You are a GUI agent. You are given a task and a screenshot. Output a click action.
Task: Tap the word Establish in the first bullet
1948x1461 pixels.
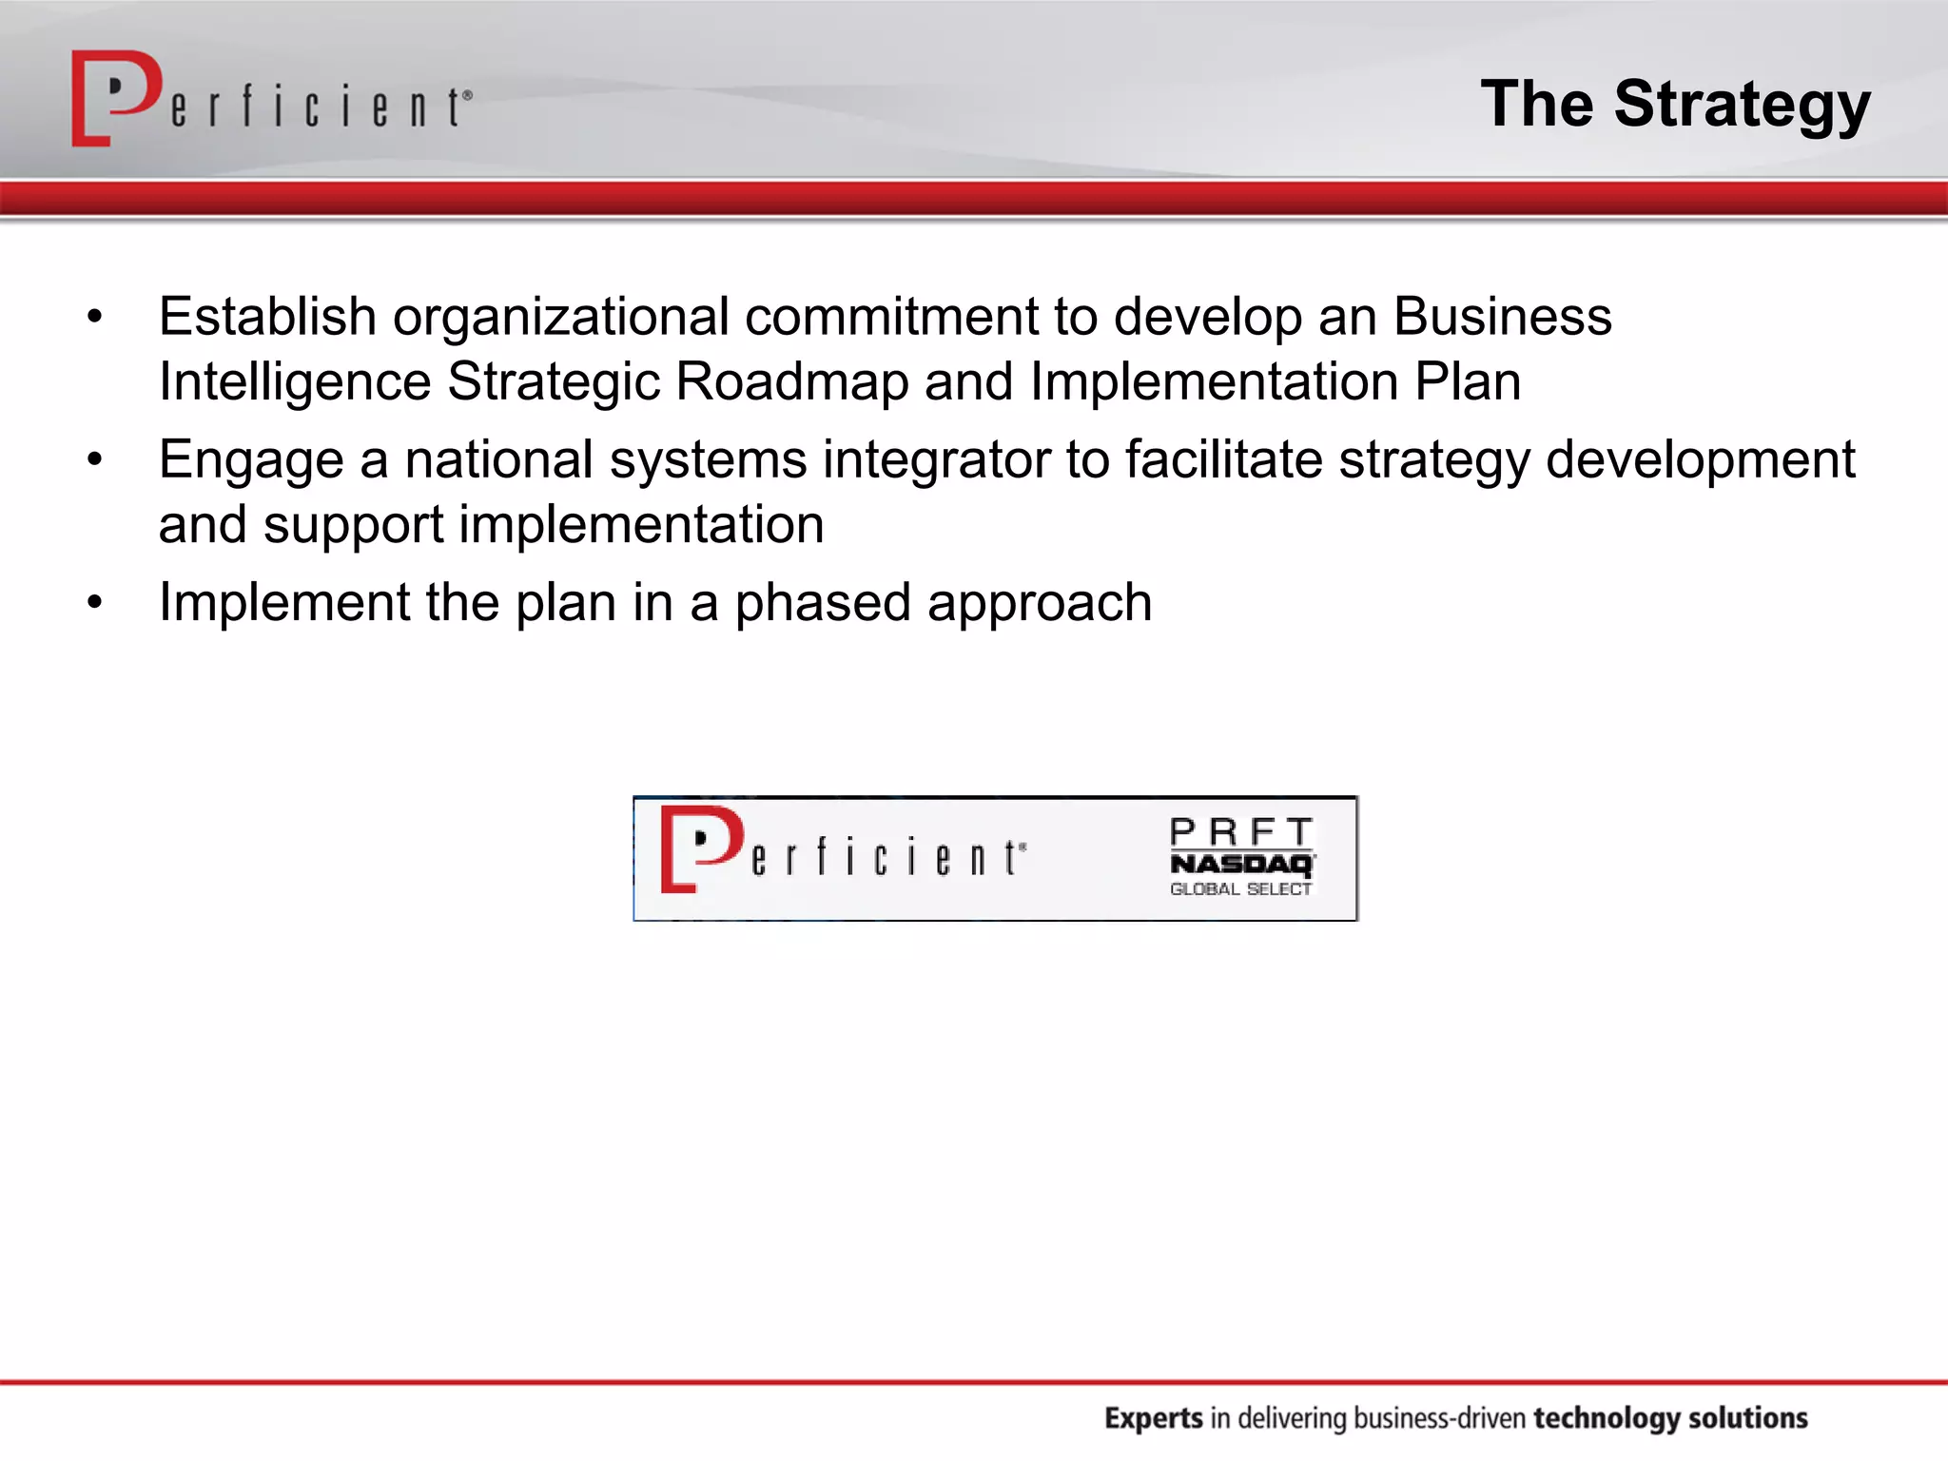[267, 317]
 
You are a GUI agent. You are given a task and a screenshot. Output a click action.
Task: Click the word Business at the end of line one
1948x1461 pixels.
[1502, 317]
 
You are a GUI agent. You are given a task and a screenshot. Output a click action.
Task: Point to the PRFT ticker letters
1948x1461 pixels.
[1241, 832]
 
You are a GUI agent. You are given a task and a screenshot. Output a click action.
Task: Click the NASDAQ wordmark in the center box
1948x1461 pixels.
[1241, 864]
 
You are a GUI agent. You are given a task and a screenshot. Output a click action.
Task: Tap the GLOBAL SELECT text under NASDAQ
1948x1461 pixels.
[1240, 889]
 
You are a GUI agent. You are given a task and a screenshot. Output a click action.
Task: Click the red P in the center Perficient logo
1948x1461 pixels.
[700, 847]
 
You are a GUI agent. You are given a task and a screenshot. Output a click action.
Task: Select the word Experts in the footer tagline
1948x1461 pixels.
[1153, 1418]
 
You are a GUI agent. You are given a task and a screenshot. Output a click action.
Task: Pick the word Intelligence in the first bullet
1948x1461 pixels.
[295, 382]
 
